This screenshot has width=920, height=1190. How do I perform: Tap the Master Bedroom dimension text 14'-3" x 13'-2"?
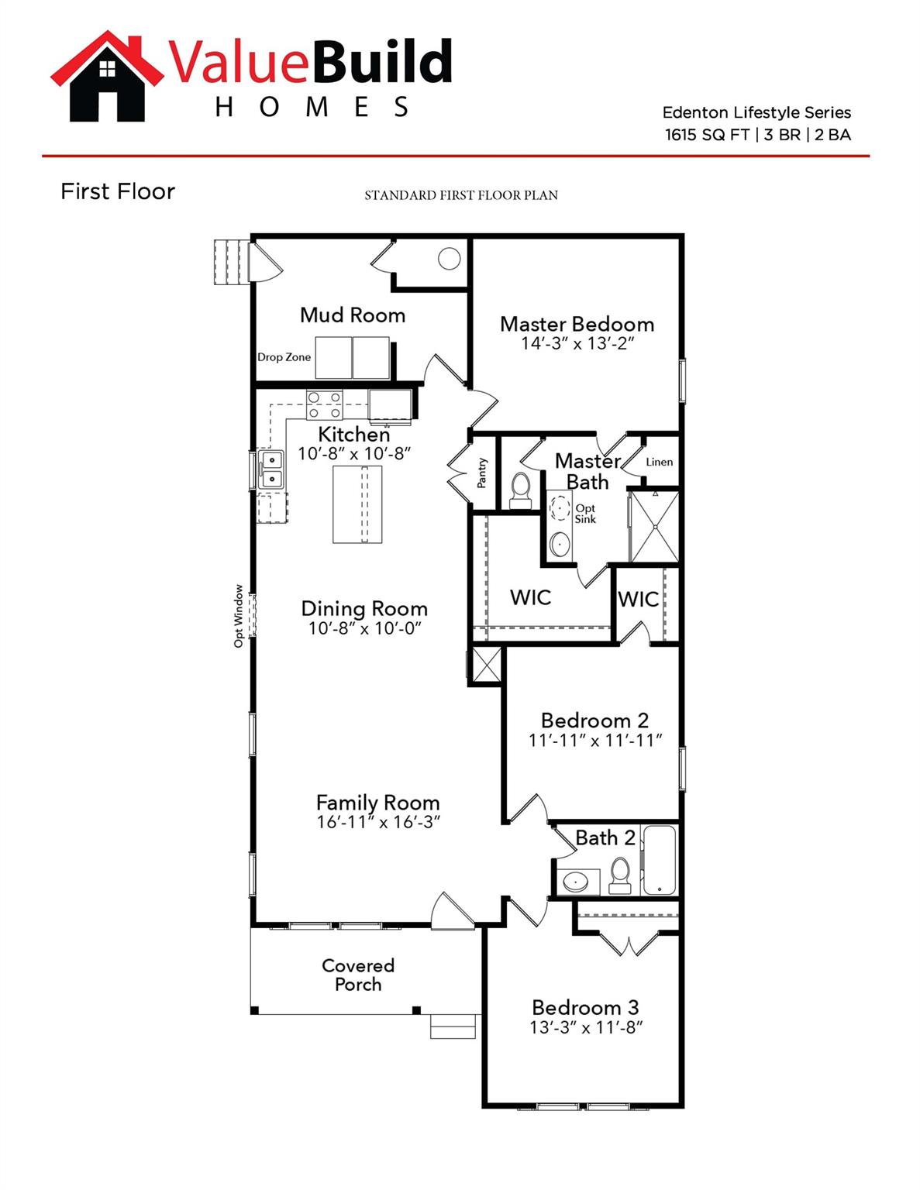click(577, 343)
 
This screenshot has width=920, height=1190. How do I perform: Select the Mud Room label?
click(353, 315)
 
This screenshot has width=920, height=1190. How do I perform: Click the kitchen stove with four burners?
click(325, 405)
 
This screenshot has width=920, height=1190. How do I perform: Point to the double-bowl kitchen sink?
click(271, 469)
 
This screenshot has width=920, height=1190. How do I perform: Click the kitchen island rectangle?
click(357, 504)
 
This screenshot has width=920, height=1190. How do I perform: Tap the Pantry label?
click(482, 473)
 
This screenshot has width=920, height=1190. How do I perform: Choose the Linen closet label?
click(659, 462)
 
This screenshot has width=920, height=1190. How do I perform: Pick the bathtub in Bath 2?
click(660, 860)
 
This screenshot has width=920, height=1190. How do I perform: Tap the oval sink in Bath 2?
click(576, 881)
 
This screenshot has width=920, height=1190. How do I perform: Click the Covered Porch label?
click(358, 975)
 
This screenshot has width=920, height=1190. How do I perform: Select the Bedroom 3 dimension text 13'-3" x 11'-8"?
click(586, 1027)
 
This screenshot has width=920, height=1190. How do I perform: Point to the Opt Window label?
click(239, 616)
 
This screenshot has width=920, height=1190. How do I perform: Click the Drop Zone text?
click(284, 357)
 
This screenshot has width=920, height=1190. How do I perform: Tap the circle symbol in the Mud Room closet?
click(449, 259)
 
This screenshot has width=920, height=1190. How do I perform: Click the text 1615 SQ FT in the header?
click(707, 135)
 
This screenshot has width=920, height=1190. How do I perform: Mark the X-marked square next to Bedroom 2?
click(487, 665)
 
